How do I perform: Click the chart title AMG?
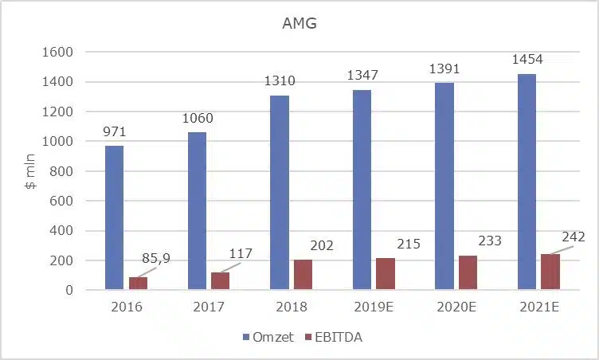[299, 24]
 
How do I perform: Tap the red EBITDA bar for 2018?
[303, 275]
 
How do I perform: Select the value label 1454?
[527, 60]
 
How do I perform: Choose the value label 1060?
[197, 119]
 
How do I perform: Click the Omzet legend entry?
[268, 337]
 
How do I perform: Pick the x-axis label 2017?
[209, 307]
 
